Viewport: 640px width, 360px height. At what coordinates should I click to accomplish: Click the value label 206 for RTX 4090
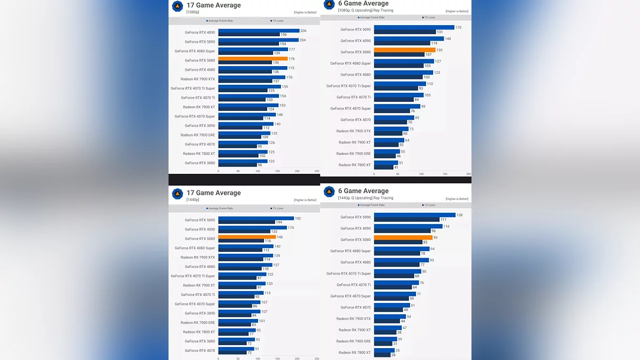[x=303, y=31]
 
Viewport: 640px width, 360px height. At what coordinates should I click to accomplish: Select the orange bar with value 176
[x=253, y=59]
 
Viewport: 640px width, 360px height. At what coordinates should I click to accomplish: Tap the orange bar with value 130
[x=404, y=50]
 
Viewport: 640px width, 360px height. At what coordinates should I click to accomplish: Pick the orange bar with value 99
[x=403, y=238]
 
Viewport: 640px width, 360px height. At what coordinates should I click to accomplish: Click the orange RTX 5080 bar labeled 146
[x=247, y=237]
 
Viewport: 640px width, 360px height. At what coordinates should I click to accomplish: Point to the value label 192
[x=298, y=218]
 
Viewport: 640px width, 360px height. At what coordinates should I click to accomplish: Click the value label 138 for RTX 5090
[x=459, y=215]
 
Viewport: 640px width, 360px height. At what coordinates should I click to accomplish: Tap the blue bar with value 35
[x=383, y=350]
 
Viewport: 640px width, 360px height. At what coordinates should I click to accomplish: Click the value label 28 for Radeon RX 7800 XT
[x=393, y=355]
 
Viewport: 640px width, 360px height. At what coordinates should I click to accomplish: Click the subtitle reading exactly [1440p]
[x=193, y=200]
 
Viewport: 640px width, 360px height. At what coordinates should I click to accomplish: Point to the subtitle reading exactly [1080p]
[x=193, y=12]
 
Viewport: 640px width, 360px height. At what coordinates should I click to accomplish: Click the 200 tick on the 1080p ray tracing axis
[x=468, y=174]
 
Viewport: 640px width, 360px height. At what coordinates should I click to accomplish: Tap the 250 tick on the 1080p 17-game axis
[x=317, y=171]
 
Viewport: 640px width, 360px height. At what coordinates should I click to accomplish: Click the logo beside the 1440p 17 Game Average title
[x=178, y=194]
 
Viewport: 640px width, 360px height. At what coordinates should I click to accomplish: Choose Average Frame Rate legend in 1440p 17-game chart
[x=220, y=209]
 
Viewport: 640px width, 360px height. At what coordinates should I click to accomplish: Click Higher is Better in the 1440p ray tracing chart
[x=457, y=199]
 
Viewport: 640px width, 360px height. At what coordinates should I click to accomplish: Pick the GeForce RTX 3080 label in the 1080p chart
[x=199, y=163]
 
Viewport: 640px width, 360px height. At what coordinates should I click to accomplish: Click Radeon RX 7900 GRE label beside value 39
[x=353, y=341]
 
